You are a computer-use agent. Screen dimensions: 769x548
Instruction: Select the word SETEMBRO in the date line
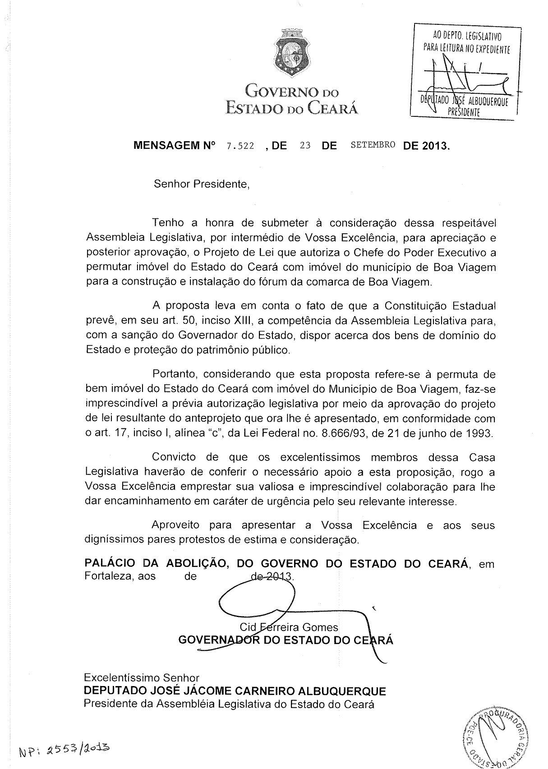(x=373, y=145)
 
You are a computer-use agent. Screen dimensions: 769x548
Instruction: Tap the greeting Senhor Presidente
(x=202, y=184)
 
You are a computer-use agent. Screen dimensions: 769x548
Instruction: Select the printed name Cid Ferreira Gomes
(x=289, y=627)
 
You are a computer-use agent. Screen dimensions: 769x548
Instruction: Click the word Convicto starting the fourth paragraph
(x=174, y=457)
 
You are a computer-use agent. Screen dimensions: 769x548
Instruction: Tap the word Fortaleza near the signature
(x=107, y=576)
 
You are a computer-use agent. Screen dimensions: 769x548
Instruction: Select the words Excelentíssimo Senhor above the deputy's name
(x=142, y=677)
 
